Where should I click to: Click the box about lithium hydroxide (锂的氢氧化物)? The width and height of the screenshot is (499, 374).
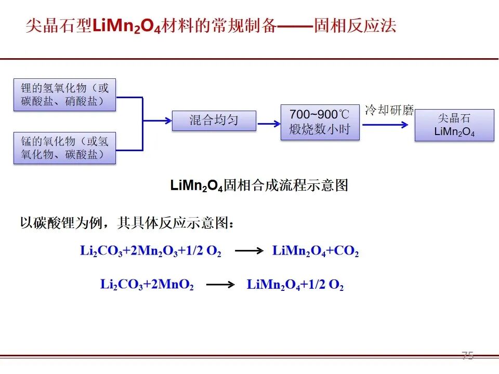(x=64, y=95)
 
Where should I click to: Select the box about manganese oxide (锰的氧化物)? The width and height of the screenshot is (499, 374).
(x=64, y=148)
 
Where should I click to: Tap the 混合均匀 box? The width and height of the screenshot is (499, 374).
(x=214, y=121)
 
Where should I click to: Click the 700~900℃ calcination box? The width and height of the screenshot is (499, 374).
(x=320, y=122)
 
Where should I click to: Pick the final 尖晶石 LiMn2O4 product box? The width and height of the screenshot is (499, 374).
(x=454, y=125)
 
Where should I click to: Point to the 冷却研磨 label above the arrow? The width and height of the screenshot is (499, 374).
(x=389, y=110)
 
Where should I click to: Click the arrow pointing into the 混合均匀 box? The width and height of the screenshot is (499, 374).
(x=157, y=121)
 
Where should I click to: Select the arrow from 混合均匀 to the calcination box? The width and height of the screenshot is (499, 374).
(x=269, y=124)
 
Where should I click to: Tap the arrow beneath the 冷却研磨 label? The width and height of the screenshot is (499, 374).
(x=385, y=125)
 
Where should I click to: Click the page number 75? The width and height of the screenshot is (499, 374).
(x=467, y=355)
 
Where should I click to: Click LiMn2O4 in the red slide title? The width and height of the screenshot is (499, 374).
(x=127, y=26)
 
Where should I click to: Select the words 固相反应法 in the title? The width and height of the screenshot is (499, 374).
(x=355, y=25)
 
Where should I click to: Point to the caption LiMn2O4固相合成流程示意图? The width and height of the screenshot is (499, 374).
(x=259, y=185)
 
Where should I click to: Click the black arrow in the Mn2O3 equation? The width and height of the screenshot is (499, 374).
(x=249, y=250)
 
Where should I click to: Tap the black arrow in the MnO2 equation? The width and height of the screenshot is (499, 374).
(x=220, y=284)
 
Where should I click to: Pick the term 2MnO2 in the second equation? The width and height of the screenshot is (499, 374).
(x=172, y=284)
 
